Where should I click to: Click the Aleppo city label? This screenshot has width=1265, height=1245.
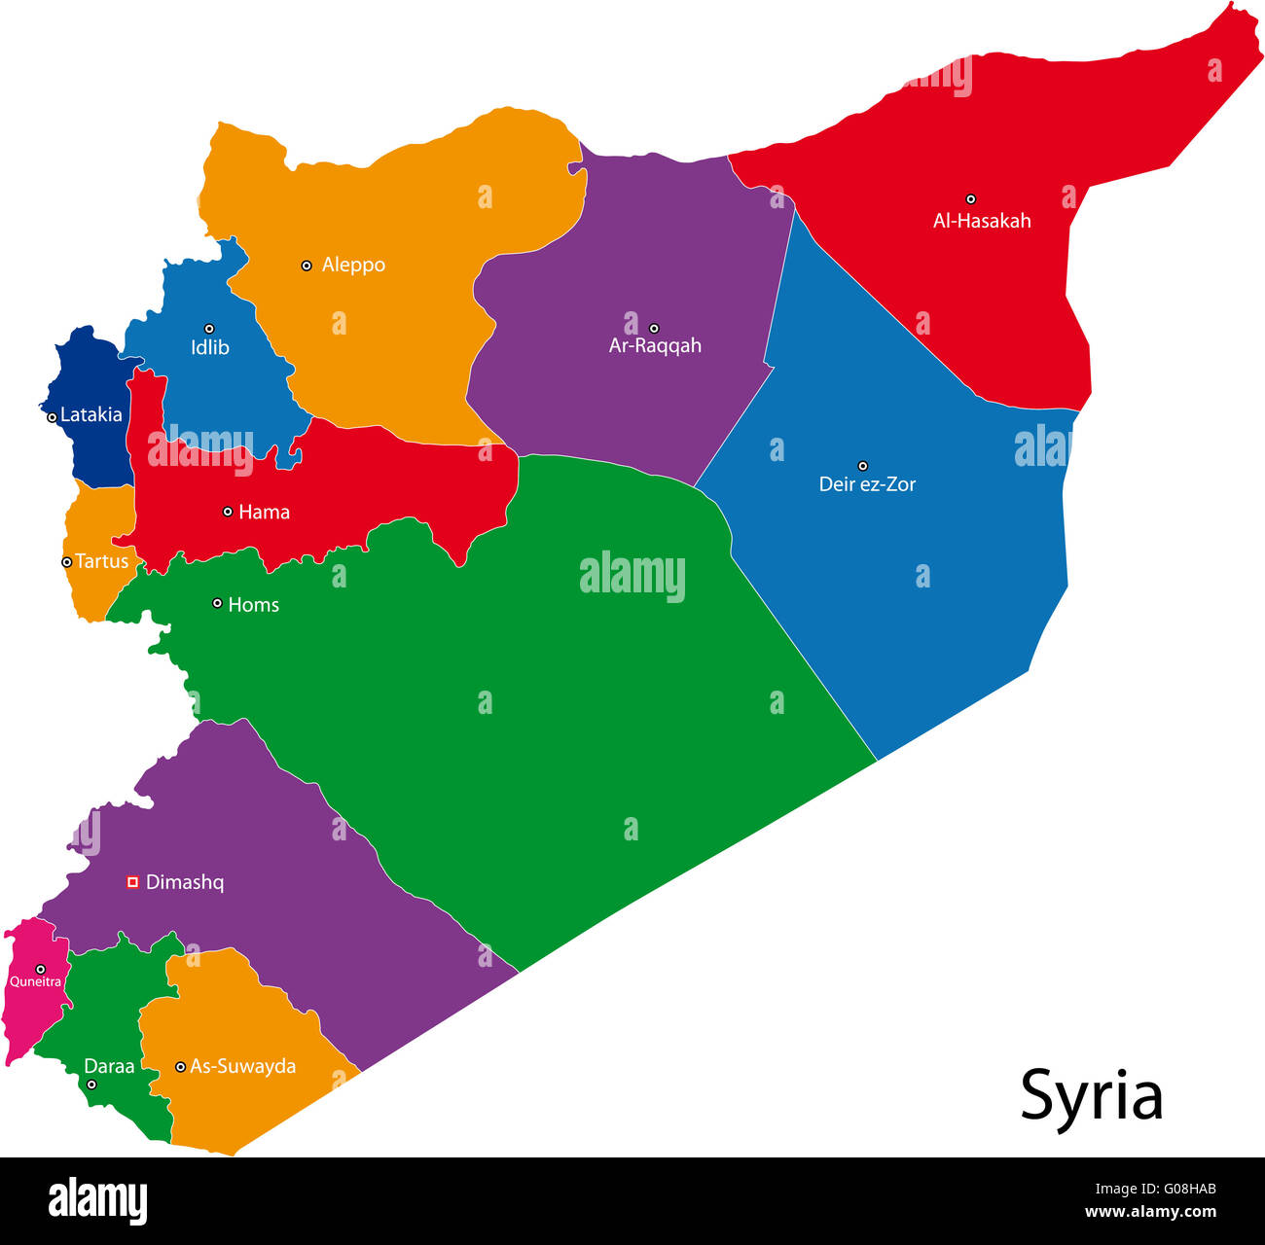(353, 265)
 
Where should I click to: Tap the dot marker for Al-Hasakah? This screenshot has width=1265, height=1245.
(970, 199)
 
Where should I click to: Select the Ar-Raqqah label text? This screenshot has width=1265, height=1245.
(655, 345)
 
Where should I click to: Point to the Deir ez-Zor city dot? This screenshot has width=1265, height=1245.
(862, 466)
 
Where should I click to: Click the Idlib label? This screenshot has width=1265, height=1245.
(210, 347)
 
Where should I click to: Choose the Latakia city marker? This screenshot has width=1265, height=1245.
(52, 417)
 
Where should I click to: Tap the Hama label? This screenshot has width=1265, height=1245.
(264, 512)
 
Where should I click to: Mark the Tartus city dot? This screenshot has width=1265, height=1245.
(66, 562)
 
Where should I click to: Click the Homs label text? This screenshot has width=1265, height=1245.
(253, 605)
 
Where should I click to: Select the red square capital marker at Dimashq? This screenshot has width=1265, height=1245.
(133, 882)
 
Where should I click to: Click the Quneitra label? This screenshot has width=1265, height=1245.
(36, 982)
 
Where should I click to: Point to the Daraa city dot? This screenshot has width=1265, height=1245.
(91, 1085)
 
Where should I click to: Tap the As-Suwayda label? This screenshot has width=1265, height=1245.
(242, 1067)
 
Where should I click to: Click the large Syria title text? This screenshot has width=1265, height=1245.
(1091, 1096)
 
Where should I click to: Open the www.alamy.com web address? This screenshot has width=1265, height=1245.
(1150, 1212)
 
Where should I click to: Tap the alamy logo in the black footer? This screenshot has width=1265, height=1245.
(97, 1201)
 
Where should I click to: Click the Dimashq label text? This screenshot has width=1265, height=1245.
(185, 883)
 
